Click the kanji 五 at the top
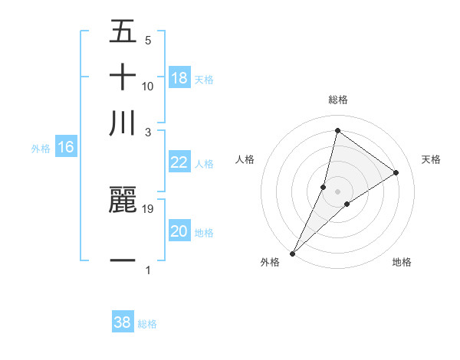pyautogui.click(x=123, y=33)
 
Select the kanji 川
pyautogui.click(x=123, y=123)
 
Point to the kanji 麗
pyautogui.click(x=123, y=201)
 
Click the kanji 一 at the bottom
pyautogui.click(x=123, y=260)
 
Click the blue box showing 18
pyautogui.click(x=179, y=78)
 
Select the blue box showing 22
pyautogui.click(x=179, y=162)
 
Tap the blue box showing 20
pyautogui.click(x=179, y=231)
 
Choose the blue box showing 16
pyautogui.click(x=66, y=148)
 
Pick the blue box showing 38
pyautogui.click(x=123, y=322)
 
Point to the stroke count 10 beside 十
pyautogui.click(x=149, y=86)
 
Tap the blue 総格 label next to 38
pyautogui.click(x=147, y=324)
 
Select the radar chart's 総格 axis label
pyautogui.click(x=338, y=100)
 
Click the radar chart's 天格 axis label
pyautogui.click(x=432, y=159)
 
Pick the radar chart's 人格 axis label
pyautogui.click(x=245, y=159)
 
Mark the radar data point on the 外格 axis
pyautogui.click(x=292, y=253)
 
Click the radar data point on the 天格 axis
pyautogui.click(x=396, y=172)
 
